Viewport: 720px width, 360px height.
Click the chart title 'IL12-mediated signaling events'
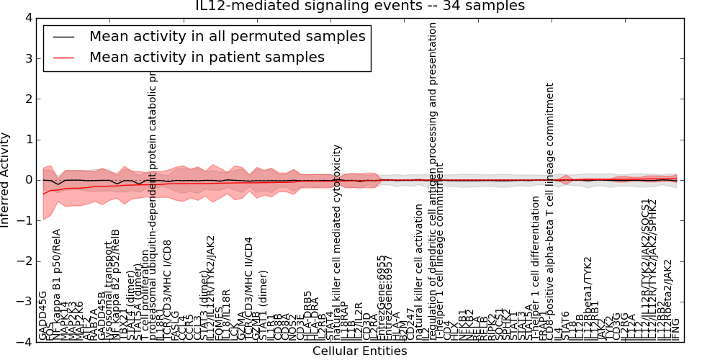[x=360, y=6]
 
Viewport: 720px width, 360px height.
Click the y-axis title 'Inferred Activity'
[x=6, y=180]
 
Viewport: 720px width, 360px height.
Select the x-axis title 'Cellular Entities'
[x=359, y=351]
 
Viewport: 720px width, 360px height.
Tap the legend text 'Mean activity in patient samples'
[x=207, y=57]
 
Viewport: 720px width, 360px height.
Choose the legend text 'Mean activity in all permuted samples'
[x=227, y=36]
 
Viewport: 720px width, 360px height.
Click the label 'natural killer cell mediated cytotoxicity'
[x=337, y=241]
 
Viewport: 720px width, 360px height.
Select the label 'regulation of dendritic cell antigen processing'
[x=433, y=180]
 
